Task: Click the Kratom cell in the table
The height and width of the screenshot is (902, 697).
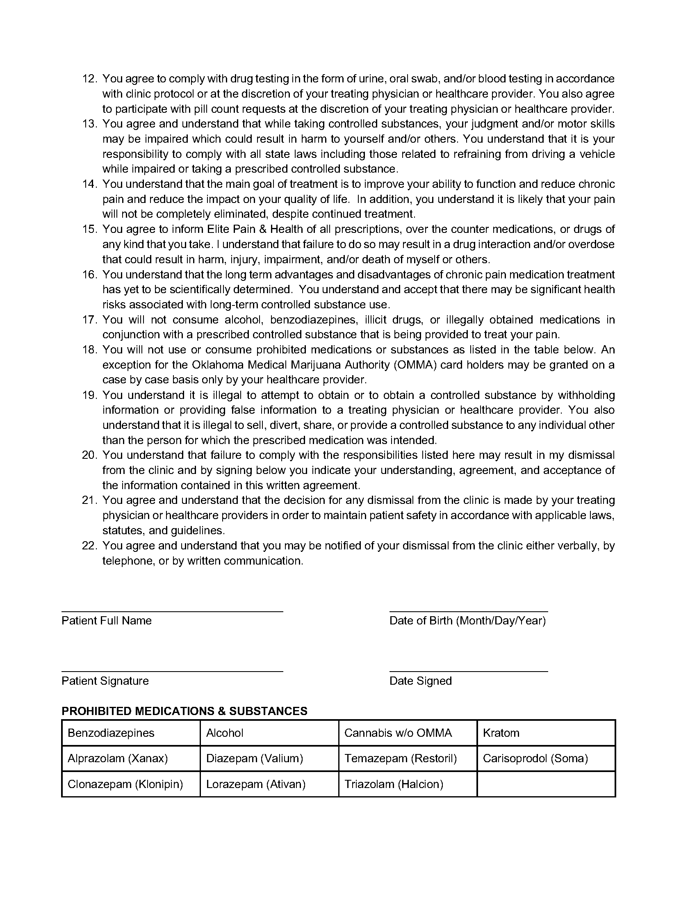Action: click(x=546, y=733)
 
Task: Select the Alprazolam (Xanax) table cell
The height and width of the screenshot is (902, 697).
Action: click(x=131, y=758)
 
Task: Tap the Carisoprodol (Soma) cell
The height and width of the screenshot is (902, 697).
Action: click(x=546, y=758)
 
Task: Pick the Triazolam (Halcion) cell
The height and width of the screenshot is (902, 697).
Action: click(x=408, y=784)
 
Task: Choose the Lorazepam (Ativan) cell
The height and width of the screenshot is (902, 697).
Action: click(x=269, y=784)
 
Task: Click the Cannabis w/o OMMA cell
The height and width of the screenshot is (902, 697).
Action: click(x=408, y=733)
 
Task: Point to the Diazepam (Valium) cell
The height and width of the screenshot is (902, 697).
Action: click(x=269, y=758)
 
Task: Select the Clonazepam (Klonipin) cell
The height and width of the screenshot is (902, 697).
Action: click(x=131, y=784)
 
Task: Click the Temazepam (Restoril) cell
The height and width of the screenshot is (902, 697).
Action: click(x=408, y=758)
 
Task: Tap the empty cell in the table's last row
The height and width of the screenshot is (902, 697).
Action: click(x=546, y=784)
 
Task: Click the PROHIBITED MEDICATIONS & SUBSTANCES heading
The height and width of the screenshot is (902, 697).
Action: click(x=184, y=711)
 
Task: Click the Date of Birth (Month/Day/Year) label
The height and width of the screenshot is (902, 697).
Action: click(x=467, y=621)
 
